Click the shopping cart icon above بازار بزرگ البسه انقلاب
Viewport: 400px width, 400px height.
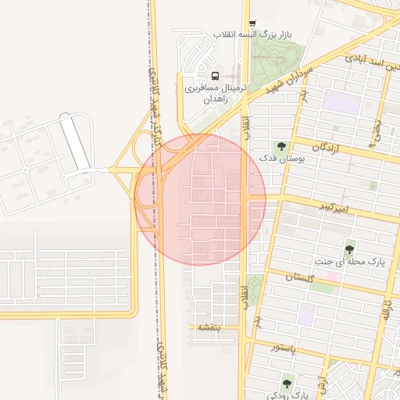[252, 23]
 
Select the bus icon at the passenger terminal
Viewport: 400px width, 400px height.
[215, 76]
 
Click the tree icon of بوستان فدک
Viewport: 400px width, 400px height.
[280, 146]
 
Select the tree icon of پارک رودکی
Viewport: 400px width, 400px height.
[288, 384]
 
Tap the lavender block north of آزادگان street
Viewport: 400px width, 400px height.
[337, 101]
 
